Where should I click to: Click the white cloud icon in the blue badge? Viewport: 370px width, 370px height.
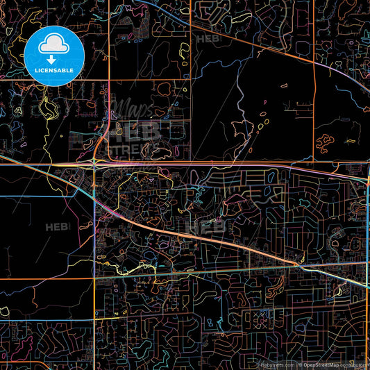tap(52, 46)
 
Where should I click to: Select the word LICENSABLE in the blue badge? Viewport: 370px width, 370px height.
tap(52, 71)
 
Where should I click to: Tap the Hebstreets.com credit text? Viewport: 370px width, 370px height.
tap(277, 364)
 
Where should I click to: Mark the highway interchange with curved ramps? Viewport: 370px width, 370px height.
tap(94, 164)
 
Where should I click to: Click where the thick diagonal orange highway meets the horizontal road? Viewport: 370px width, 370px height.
tap(298, 264)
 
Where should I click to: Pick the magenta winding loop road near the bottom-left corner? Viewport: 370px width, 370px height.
tap(28, 344)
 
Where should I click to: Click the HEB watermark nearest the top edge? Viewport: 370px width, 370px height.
tap(208, 40)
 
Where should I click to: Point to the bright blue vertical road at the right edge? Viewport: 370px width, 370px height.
tap(366, 208)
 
